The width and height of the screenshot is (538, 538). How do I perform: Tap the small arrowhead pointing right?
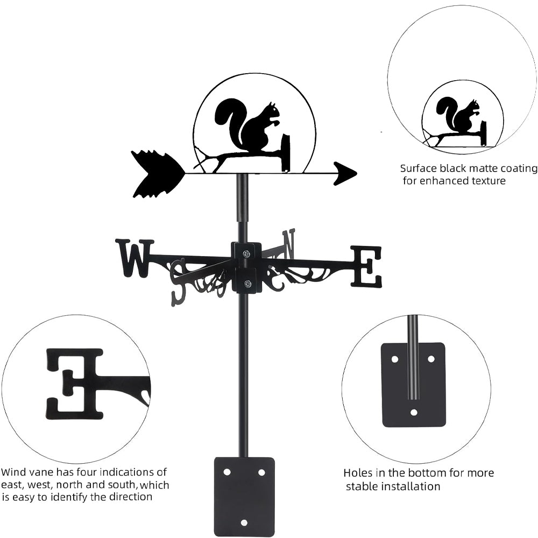click(x=345, y=173)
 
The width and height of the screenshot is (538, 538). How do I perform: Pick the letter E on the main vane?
click(x=366, y=266)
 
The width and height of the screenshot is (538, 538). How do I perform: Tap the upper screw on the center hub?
click(x=246, y=254)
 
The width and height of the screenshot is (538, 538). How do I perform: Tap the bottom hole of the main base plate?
click(x=244, y=522)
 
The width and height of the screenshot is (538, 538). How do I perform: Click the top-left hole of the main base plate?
click(x=226, y=472)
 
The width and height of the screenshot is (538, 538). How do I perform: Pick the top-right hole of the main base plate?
click(x=261, y=472)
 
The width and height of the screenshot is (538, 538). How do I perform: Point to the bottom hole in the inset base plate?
click(x=413, y=413)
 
